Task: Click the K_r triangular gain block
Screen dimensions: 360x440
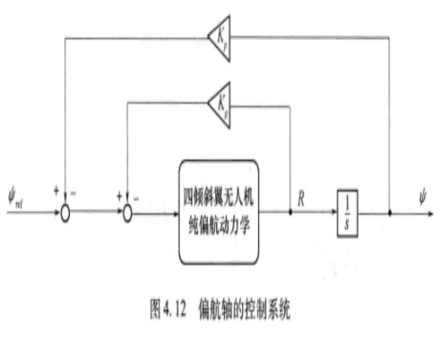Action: [218, 36]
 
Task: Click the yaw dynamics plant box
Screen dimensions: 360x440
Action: [233, 201]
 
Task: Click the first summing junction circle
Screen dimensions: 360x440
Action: [64, 214]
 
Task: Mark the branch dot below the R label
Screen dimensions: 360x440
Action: [291, 214]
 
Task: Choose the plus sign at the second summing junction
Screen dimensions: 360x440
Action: [118, 199]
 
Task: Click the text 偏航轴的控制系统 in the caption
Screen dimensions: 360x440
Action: [244, 308]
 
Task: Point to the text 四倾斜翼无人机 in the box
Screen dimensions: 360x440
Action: [233, 189]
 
